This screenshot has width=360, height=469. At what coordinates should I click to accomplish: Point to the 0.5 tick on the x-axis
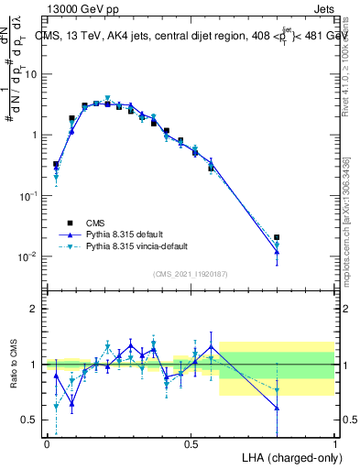(191, 443)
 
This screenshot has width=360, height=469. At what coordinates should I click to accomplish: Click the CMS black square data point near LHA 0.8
(277, 237)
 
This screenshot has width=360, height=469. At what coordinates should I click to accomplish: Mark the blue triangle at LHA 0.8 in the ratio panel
(277, 408)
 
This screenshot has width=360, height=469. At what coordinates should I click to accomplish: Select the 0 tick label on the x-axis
(47, 443)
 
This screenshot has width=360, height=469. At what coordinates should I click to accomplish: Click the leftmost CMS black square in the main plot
(56, 165)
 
